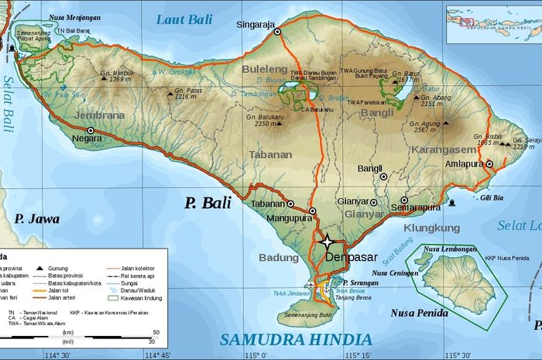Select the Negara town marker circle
pos(97,139)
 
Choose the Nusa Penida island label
pos(419,313)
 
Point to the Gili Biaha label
pos(481,198)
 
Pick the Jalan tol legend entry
pos(66,290)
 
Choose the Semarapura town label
pos(415,207)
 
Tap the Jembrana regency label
pos(99,115)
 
